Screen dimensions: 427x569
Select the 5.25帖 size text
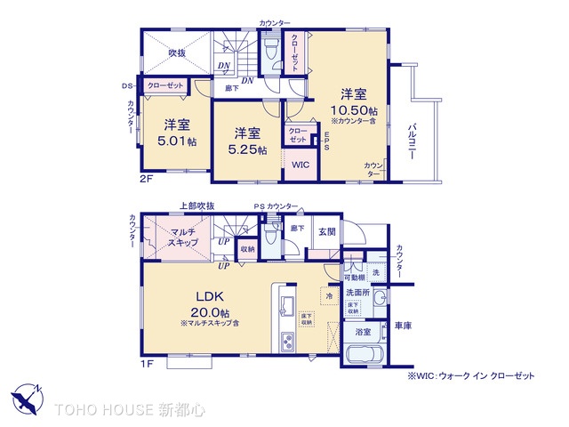248,149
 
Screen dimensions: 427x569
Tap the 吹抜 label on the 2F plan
178,52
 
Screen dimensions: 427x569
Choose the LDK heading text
210,296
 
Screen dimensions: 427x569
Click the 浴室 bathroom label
364,332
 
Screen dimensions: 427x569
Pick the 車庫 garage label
403,326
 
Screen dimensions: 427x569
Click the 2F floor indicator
148,176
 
